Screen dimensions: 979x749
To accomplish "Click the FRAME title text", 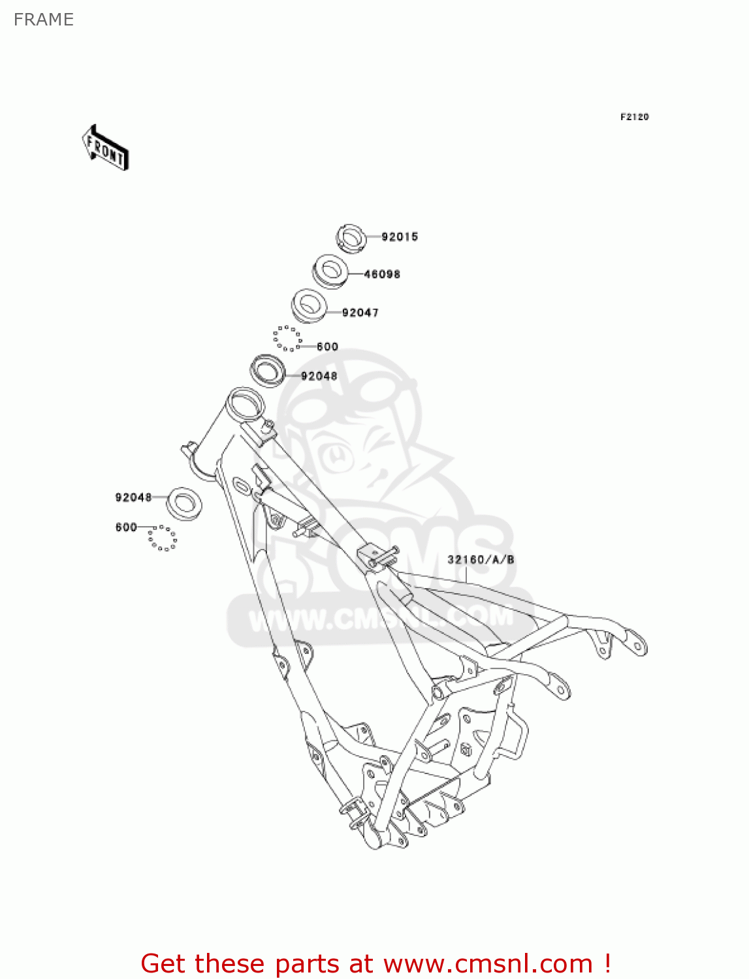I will coord(44,20).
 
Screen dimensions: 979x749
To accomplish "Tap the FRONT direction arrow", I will coord(105,148).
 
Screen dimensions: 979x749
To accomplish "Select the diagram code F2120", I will coord(634,117).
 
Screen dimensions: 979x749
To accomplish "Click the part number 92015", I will coord(400,237).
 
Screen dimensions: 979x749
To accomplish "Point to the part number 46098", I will coord(382,274).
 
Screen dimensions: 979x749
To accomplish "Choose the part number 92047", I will coord(360,313).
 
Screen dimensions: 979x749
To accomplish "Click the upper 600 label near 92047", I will coord(327,347).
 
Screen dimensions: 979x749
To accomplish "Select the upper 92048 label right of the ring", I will coord(319,376).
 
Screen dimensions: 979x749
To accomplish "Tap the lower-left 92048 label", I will coord(133,497).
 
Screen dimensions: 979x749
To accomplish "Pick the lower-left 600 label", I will coord(126,527).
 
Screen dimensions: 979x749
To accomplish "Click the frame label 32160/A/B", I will coord(481,559).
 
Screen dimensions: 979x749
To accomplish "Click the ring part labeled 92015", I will coord(351,238).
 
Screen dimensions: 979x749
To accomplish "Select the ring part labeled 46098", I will coord(330,271).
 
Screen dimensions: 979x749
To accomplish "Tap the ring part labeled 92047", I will coord(308,305).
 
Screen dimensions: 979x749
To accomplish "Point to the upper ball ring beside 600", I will coord(287,339).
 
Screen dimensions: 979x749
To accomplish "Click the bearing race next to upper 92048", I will coord(268,369).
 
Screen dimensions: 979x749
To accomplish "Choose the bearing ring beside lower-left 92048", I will coord(184,502).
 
